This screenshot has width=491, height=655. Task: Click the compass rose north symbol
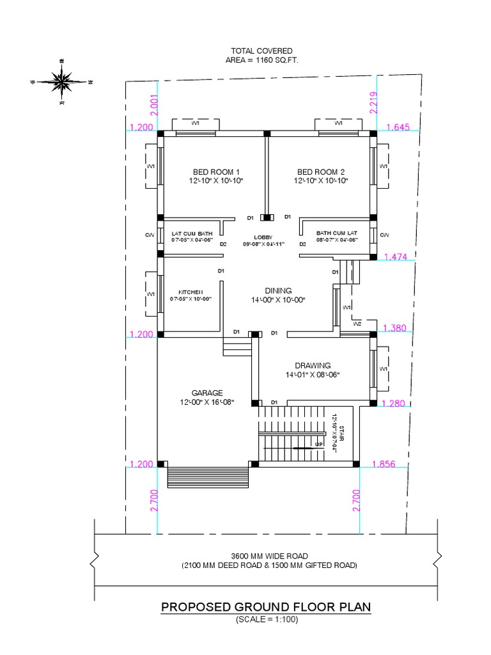pyautogui.click(x=62, y=81)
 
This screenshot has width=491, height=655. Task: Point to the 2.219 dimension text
pyautogui.click(x=373, y=102)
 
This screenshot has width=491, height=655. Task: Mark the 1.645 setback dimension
pyautogui.click(x=398, y=127)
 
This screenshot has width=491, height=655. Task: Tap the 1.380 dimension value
pyautogui.click(x=394, y=328)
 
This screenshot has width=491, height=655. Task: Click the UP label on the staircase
pyautogui.click(x=318, y=445)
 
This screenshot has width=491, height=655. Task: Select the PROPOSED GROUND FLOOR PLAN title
pyautogui.click(x=266, y=606)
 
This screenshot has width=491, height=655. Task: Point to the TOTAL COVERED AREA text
pyautogui.click(x=262, y=55)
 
